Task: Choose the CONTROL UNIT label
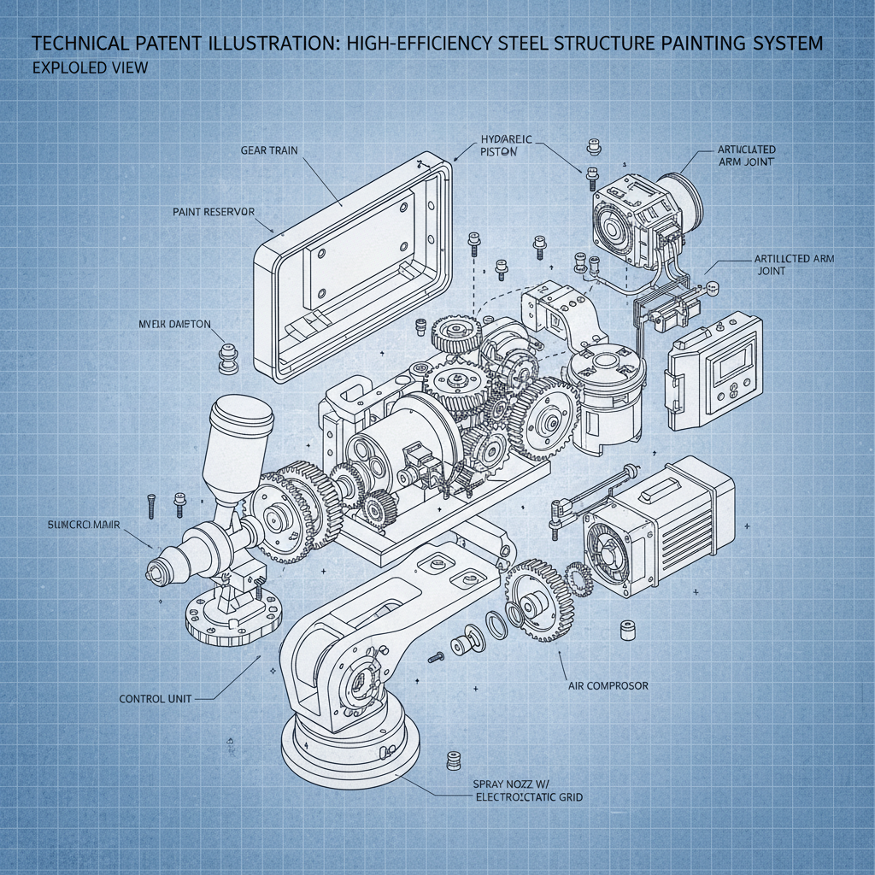tap(155, 698)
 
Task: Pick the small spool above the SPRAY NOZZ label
tap(454, 760)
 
